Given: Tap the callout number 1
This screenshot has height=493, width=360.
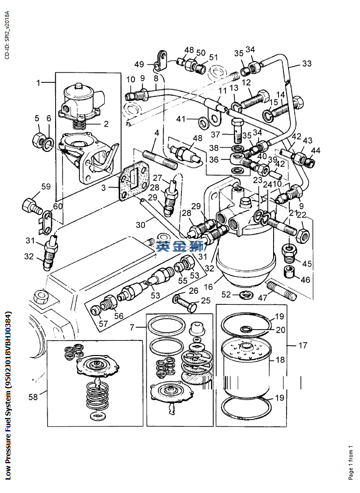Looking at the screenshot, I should click(x=39, y=82).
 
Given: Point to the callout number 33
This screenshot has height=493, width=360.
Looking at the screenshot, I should click(x=307, y=64).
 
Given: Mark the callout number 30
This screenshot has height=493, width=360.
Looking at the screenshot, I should click(x=141, y=224).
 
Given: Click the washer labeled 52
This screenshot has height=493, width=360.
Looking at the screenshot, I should click(x=244, y=296).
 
